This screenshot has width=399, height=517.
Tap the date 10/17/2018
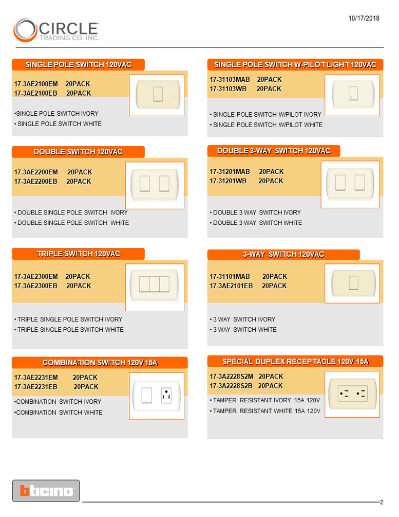point(364,19)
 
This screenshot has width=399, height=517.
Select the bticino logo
point(46,491)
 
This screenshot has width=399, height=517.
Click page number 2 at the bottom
point(382,502)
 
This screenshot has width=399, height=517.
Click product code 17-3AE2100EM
point(36,84)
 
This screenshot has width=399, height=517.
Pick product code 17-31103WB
point(228,89)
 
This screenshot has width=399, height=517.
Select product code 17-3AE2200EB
point(36,182)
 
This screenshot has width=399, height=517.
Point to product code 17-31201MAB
point(230,172)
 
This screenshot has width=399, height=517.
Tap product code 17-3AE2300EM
point(36,277)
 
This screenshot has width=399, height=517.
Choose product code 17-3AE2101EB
point(232,286)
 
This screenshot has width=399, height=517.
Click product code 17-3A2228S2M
point(232,377)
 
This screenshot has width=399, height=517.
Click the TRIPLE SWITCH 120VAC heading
point(79,254)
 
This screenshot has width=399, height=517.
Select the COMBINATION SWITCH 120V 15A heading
point(100,363)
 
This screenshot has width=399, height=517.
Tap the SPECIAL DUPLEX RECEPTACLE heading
point(296,362)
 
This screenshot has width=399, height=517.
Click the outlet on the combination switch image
point(166,395)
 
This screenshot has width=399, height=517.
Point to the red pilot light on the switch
point(351,97)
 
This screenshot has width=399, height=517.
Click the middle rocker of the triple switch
point(154,284)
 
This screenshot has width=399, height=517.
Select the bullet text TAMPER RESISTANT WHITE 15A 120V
point(267,411)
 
